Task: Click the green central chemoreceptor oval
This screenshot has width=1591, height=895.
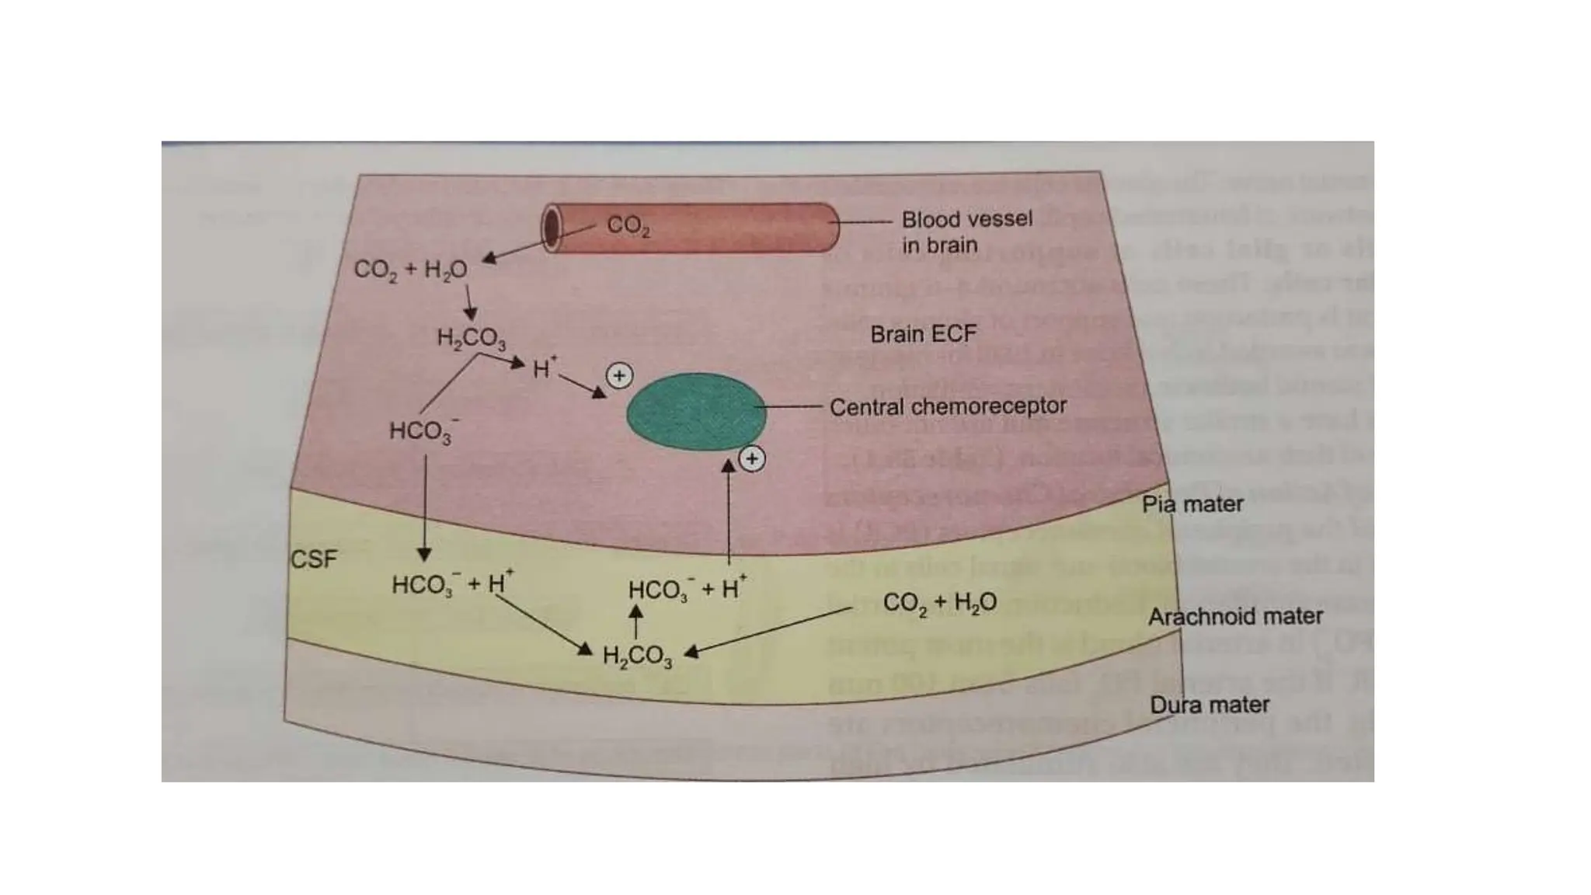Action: tap(696, 412)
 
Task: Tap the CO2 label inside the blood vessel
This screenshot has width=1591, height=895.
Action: tap(628, 225)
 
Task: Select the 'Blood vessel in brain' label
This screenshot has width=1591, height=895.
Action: tap(966, 232)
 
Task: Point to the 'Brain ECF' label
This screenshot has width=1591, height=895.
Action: tap(923, 334)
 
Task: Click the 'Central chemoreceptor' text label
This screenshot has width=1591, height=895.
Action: tap(948, 406)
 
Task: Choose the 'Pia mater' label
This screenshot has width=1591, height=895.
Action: tap(1192, 504)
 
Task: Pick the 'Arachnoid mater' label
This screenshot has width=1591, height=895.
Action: tap(1235, 616)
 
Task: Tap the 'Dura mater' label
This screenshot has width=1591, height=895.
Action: tap(1209, 705)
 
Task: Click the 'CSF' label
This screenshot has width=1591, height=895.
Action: tap(314, 559)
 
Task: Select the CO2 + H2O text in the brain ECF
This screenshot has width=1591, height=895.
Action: tap(410, 270)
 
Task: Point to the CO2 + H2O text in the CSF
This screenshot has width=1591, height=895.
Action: tap(939, 603)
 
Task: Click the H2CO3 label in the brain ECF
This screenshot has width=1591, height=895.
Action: tap(471, 338)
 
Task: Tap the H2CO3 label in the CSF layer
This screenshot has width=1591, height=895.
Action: tap(637, 656)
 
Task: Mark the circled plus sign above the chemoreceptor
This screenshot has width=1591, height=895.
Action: tap(619, 376)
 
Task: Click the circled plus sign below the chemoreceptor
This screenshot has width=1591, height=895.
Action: tap(751, 459)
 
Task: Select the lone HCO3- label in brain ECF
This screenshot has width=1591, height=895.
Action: tap(423, 431)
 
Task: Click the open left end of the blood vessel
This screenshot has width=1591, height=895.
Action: tap(552, 228)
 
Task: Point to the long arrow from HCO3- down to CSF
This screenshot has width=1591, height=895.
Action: tap(424, 505)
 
